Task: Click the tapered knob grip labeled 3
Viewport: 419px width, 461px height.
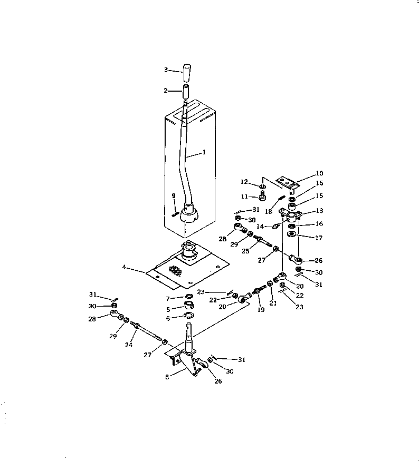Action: point(187,70)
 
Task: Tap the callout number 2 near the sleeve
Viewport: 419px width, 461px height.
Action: point(166,91)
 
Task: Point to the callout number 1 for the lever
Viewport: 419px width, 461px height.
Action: point(204,152)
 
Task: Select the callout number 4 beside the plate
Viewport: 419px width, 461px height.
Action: point(124,267)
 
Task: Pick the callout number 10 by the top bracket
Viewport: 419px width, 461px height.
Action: point(320,173)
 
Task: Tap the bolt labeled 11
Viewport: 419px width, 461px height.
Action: point(263,198)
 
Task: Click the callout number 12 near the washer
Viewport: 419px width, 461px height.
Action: point(243,182)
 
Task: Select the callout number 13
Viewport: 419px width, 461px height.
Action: point(319,210)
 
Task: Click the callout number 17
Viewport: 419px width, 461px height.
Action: point(318,238)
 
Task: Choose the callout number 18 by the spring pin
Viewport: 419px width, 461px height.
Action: point(269,212)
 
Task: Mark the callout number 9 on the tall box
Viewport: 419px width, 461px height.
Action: point(174,195)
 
